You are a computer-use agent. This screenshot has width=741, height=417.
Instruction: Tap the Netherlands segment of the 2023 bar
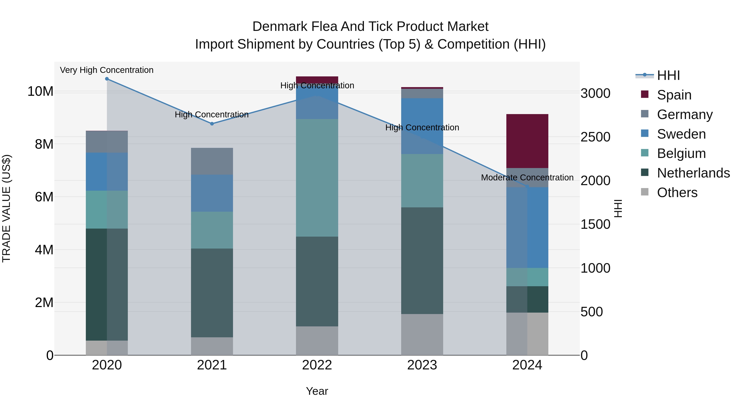click(x=422, y=260)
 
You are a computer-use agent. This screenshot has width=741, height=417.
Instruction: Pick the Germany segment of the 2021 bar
click(x=212, y=161)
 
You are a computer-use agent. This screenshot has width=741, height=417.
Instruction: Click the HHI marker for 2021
click(x=212, y=124)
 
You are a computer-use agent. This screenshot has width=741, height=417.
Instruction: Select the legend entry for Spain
click(x=674, y=95)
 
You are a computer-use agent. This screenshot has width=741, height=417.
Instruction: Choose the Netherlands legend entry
click(x=693, y=173)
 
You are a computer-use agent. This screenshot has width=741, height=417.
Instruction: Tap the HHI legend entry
click(x=668, y=75)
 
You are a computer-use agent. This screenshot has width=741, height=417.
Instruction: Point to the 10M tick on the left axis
click(x=40, y=91)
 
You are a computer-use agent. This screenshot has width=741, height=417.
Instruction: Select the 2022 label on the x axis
click(x=317, y=365)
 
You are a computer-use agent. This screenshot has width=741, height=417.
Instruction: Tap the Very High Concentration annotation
click(x=107, y=70)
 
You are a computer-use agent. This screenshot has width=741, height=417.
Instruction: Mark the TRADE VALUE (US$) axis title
click(x=6, y=208)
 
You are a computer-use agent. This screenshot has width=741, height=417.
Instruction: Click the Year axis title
click(x=317, y=391)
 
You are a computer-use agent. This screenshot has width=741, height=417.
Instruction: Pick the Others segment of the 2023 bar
click(x=422, y=334)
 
